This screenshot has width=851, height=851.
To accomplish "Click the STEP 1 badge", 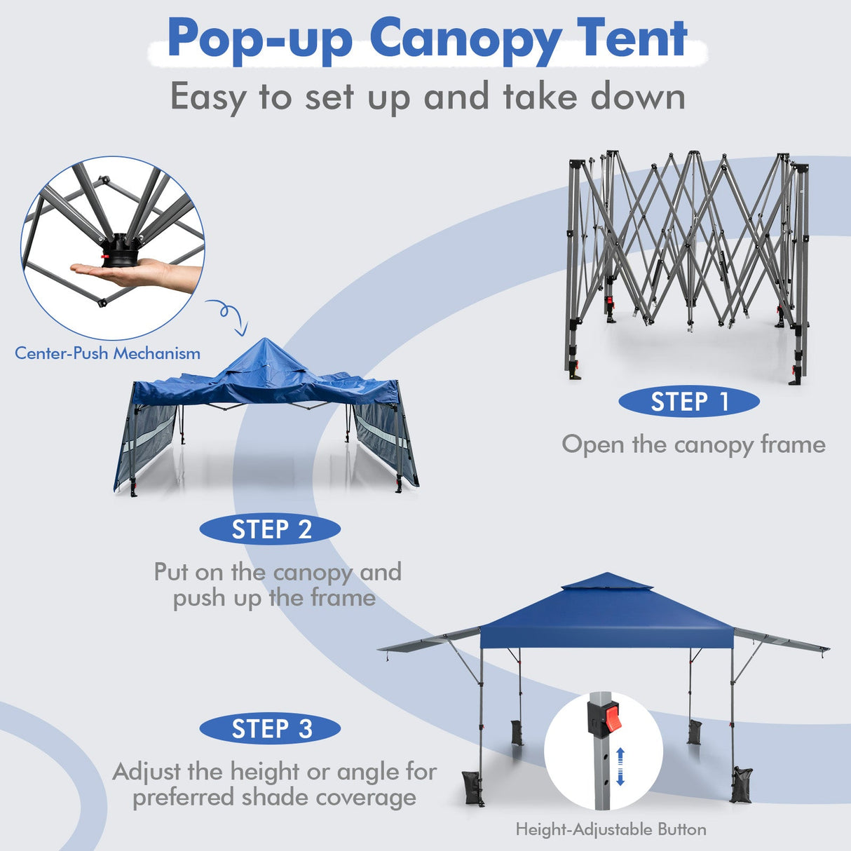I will [x=689, y=402].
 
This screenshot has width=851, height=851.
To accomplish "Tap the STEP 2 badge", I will [x=271, y=529].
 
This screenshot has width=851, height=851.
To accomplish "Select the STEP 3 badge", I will [x=271, y=729].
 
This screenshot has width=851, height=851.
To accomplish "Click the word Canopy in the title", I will [x=465, y=41].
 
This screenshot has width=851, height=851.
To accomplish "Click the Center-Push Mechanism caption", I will [x=108, y=353].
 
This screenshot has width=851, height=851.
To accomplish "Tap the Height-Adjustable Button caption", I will [x=611, y=830].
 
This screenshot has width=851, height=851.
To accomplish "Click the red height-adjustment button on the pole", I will [x=613, y=718].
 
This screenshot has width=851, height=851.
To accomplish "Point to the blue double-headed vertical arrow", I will [x=620, y=766].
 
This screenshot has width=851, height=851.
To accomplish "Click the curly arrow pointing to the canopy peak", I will [x=228, y=315].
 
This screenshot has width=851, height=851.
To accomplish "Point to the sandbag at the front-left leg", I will [x=472, y=787].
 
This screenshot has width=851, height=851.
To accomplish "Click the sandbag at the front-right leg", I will [x=740, y=784].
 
